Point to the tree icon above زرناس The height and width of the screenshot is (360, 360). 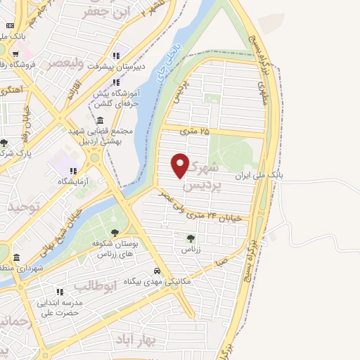tap(189, 238)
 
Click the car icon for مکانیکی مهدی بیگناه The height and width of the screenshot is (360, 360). tap(157, 271)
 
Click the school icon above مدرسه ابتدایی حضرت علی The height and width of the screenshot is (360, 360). tap(60, 291)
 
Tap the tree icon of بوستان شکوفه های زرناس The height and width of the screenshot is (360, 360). tap(115, 233)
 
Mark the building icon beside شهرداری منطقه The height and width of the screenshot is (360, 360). tap(16, 257)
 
